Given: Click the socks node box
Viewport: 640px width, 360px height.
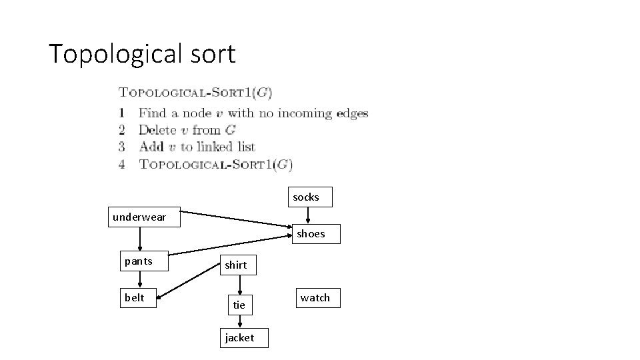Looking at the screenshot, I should coord(306,197).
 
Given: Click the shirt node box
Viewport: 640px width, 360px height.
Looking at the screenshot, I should coord(236,265).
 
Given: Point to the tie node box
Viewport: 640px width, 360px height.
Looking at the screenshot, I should coord(239,305).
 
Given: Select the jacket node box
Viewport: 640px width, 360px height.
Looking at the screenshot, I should coord(239,338).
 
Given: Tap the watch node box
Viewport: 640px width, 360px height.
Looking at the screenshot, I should coord(315,298).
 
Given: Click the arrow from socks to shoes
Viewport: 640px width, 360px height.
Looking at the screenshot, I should coord(308,215).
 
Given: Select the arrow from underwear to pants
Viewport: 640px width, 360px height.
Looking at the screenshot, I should coord(140,238).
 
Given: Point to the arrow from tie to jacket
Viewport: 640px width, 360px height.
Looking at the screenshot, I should coord(239,321).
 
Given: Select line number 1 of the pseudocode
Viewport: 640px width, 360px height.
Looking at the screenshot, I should coord(122,113).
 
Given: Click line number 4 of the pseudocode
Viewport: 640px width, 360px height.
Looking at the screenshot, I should coord(122,164).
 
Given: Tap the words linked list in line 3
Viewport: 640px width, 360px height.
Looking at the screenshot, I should coord(226,147).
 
